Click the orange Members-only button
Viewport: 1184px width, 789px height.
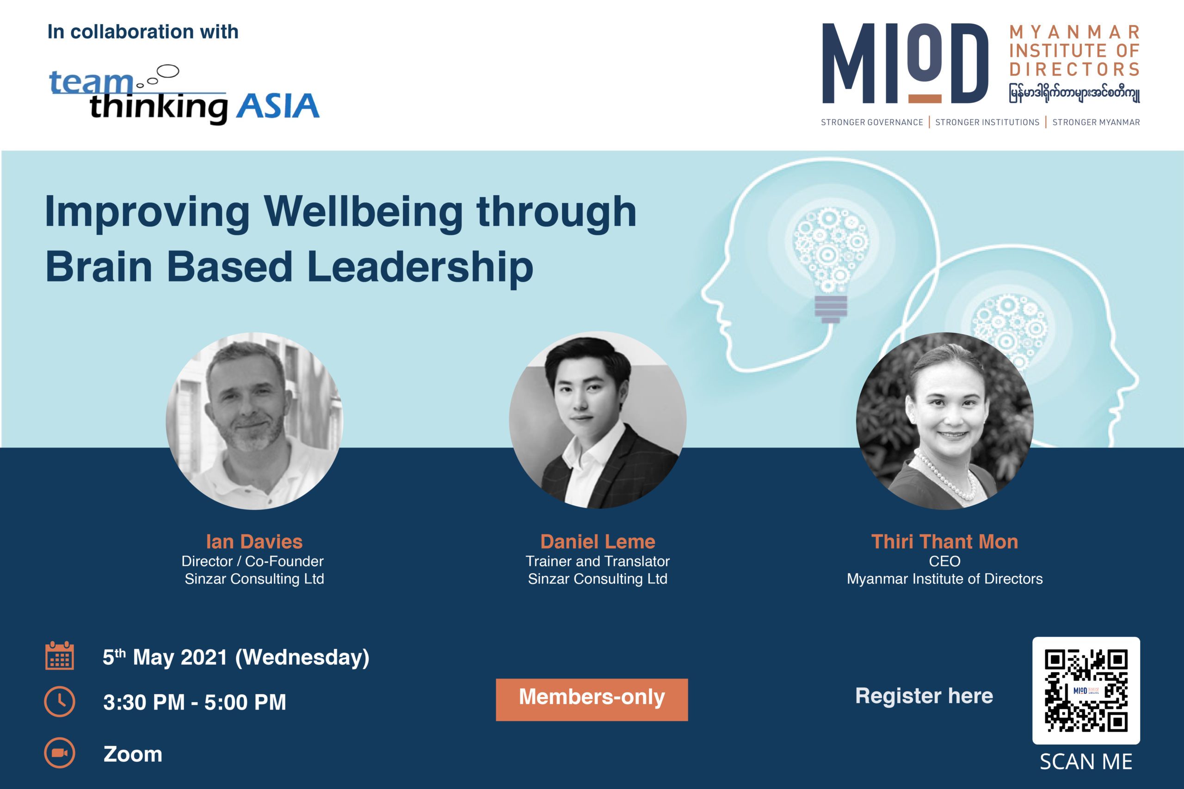pos(592,699)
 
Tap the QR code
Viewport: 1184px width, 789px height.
pos(1086,691)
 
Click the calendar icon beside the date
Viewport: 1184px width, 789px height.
pos(59,656)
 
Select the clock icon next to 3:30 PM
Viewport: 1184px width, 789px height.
pos(59,702)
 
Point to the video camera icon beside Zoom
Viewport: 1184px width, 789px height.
pos(59,753)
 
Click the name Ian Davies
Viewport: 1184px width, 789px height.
pos(254,541)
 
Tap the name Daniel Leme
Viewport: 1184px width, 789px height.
pos(598,541)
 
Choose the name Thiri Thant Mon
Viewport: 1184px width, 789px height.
pos(944,541)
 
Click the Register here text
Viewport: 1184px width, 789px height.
pos(924,696)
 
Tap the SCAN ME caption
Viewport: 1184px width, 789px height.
pos(1086,761)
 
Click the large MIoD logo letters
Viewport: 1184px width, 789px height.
pos(905,63)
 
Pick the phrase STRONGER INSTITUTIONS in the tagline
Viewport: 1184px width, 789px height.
pos(987,122)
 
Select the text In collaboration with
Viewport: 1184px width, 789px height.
pos(143,32)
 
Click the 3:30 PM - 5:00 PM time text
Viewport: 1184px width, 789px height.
pos(194,703)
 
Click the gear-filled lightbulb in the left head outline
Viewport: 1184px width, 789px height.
pos(830,264)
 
